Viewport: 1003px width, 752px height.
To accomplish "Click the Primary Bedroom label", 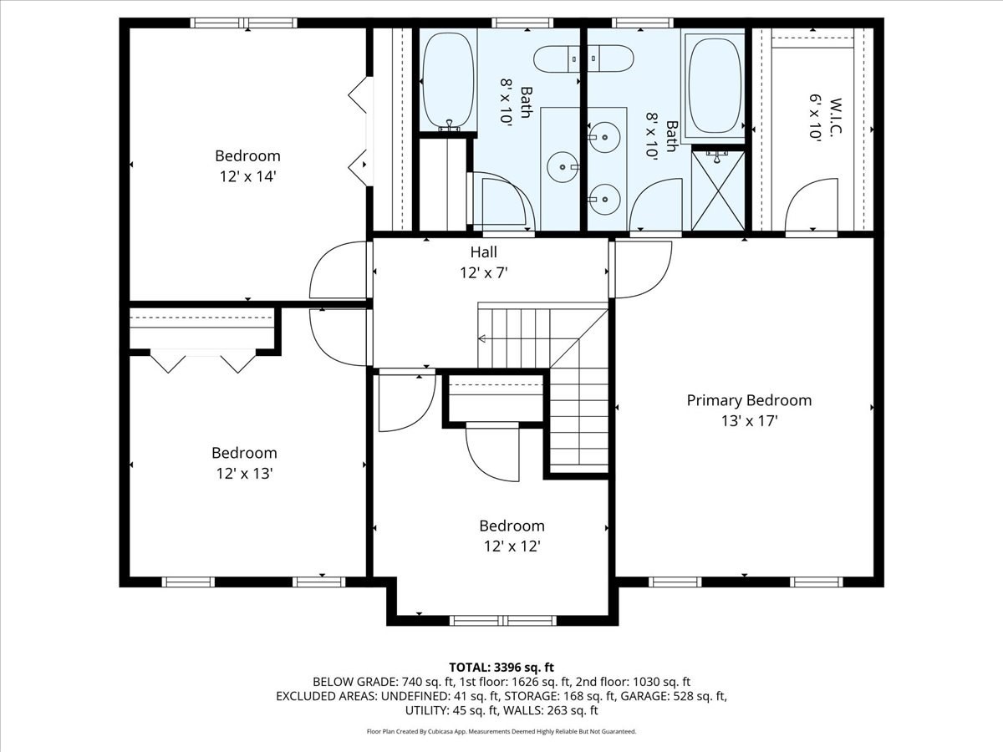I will pyautogui.click(x=749, y=400).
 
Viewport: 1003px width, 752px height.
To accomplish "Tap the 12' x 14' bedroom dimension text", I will pyautogui.click(x=247, y=176).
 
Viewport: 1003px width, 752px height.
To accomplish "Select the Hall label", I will pyautogui.click(x=483, y=252).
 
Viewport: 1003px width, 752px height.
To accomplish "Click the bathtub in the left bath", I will pyautogui.click(x=449, y=79).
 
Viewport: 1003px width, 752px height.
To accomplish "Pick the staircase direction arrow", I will pyautogui.click(x=483, y=338).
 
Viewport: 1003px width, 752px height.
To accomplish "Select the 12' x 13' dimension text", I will pyautogui.click(x=243, y=473).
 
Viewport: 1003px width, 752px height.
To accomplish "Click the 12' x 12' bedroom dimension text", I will pyautogui.click(x=512, y=546).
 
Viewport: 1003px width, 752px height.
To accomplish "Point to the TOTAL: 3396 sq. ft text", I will pyautogui.click(x=501, y=667).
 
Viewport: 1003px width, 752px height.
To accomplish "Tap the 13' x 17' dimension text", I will pyautogui.click(x=749, y=421).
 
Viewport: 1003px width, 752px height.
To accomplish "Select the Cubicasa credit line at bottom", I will pyautogui.click(x=501, y=731).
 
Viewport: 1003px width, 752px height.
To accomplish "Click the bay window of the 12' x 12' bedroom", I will pyautogui.click(x=502, y=620).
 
